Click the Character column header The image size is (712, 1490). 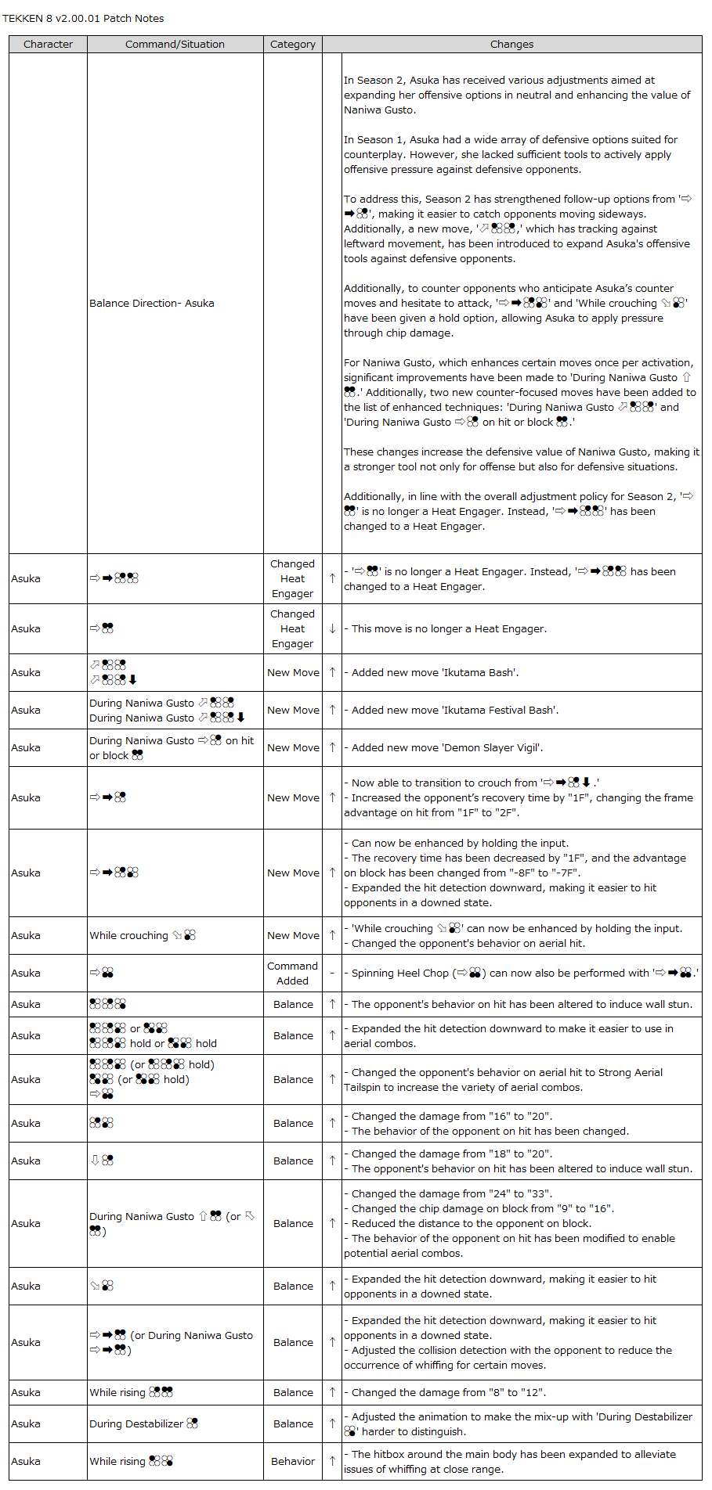tap(48, 44)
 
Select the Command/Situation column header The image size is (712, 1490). tap(175, 44)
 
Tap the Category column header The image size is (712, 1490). tap(293, 44)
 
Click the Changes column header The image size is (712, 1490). tap(511, 44)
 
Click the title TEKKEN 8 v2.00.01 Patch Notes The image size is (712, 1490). tap(83, 18)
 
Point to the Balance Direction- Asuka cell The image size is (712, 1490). tap(152, 303)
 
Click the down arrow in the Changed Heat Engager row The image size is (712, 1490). tap(332, 628)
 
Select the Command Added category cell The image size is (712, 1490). tap(293, 973)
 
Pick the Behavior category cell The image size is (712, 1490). tap(293, 1461)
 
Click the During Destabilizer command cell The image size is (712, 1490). tap(143, 1423)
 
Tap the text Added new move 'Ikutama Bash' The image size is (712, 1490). tap(435, 672)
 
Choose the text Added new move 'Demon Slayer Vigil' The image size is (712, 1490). tap(447, 747)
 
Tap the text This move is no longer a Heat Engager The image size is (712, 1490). tap(449, 628)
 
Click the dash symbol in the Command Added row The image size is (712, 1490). tap(332, 973)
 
